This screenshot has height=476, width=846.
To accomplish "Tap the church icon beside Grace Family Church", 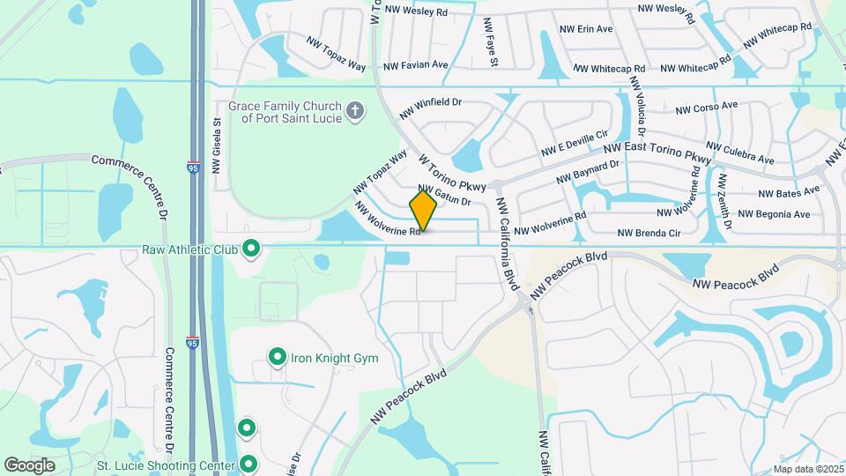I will pos(354,111).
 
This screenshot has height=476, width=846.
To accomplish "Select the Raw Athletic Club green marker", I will pos(250,249).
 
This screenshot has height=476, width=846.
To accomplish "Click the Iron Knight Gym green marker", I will pos(278,358).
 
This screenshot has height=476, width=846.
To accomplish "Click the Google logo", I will pos(29,465).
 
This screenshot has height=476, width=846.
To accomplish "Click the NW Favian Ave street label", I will pos(416,65).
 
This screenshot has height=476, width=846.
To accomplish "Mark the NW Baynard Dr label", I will pos(589,172).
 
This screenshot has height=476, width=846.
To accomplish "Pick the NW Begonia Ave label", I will pos(774,214).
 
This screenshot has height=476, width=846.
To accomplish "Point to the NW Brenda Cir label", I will pos(649,233).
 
